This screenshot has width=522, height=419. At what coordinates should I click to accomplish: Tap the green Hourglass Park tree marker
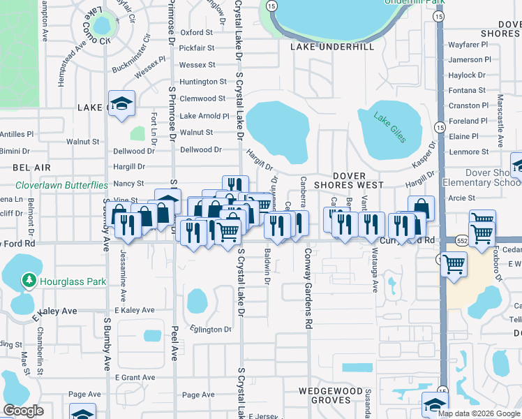(x=29, y=281)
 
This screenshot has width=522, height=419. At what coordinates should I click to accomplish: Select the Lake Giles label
(x=389, y=127)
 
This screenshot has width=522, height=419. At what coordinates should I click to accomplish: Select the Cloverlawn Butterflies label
(x=62, y=186)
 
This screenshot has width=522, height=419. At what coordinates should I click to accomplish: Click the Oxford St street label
(x=196, y=32)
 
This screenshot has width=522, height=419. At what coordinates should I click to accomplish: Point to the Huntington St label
(x=203, y=82)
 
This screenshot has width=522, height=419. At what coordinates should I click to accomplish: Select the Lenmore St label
(x=469, y=152)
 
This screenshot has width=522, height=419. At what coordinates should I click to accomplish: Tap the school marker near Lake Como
(x=121, y=103)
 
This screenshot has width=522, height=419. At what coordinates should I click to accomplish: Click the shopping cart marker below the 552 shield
(x=454, y=264)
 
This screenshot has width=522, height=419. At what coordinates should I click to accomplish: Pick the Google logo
(x=23, y=411)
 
